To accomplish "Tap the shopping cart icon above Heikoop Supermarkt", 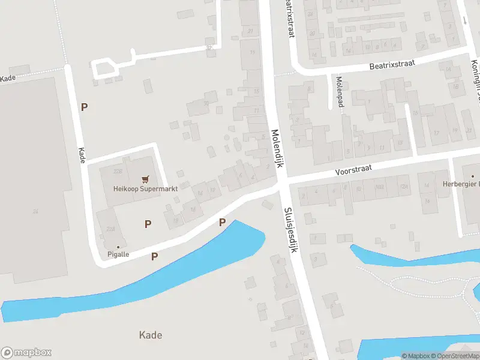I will pos(145,179).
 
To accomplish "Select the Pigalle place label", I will pos(118,254).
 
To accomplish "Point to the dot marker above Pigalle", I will pos(118,247).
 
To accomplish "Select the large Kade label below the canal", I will pos(150,335).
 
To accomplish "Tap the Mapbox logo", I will pos(26,353).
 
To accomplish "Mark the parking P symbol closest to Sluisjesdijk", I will pos(222,223).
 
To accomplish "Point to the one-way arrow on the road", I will pos(464,20).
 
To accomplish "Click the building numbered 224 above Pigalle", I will pos(110,229).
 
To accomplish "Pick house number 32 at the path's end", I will pos(209,47).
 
